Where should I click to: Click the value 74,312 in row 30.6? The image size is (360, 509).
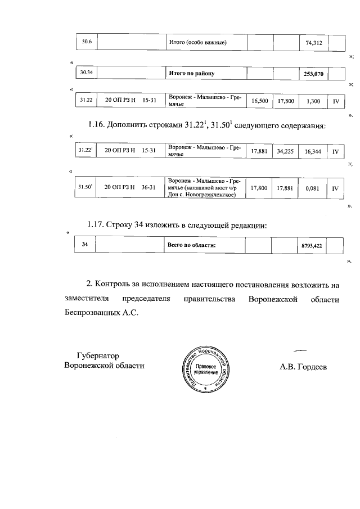(312, 43)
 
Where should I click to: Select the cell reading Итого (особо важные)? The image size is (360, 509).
(198, 43)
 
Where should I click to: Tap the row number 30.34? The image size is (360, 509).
(87, 73)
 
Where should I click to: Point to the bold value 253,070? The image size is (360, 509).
(312, 74)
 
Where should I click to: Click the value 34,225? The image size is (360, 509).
(285, 151)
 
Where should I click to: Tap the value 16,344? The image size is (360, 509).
(312, 151)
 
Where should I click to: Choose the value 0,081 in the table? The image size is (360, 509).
(312, 188)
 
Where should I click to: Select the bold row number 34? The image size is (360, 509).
(85, 245)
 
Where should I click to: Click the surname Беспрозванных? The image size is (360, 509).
(91, 310)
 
